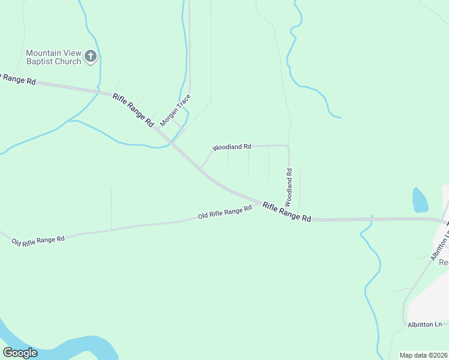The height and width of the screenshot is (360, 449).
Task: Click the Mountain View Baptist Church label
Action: [x=53, y=57]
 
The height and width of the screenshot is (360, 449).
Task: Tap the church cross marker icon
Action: [x=91, y=57]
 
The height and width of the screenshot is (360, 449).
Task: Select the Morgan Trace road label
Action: [x=175, y=109]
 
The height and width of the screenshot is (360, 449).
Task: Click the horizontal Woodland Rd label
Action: [x=232, y=147]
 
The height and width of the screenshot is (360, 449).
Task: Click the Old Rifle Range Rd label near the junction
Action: [x=224, y=212]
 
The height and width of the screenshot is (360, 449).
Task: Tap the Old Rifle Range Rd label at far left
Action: [x=38, y=240]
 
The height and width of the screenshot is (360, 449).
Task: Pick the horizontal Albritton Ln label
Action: [x=424, y=325]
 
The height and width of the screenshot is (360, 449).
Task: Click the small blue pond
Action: [x=420, y=199]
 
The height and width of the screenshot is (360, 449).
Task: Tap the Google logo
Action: [x=20, y=353]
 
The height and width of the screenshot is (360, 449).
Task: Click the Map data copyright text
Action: [x=424, y=355]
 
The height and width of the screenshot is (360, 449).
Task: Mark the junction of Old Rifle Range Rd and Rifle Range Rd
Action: [x=259, y=202]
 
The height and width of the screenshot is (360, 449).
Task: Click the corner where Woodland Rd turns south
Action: [x=288, y=146]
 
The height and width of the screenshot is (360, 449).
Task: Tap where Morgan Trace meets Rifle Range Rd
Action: [x=171, y=142]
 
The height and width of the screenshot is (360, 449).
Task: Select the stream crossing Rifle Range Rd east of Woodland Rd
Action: [x=372, y=220]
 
